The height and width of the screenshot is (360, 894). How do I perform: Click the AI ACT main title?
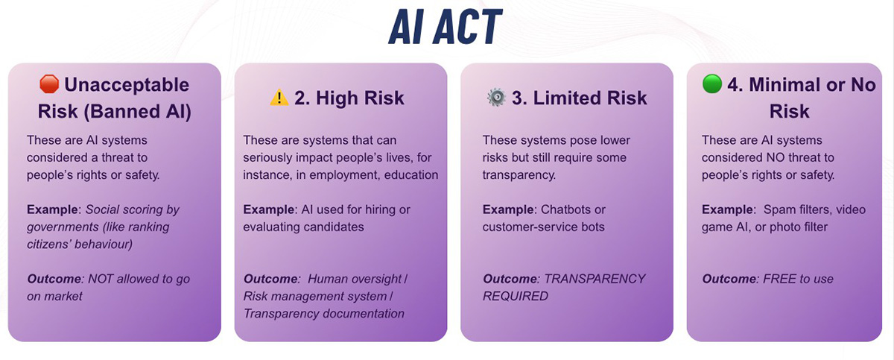(x=445, y=27)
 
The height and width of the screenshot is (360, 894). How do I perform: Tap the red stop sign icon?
(x=49, y=84)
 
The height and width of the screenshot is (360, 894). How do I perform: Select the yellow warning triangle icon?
(x=279, y=97)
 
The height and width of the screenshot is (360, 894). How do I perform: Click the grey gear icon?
(x=496, y=97)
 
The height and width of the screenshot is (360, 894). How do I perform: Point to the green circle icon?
(x=712, y=83)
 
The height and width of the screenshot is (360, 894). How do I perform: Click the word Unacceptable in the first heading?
(x=127, y=85)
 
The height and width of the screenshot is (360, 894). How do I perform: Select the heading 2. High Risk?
(x=349, y=98)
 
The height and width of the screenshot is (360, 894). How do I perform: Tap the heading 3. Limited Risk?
(x=579, y=98)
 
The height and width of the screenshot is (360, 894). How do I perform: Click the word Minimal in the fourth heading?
(x=784, y=85)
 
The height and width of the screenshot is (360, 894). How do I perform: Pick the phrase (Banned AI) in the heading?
(x=137, y=111)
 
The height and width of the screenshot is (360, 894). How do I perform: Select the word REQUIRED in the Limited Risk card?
(x=516, y=296)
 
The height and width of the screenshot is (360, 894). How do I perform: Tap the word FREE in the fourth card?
(x=776, y=279)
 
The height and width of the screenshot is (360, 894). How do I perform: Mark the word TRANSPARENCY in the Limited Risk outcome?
(x=595, y=279)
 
